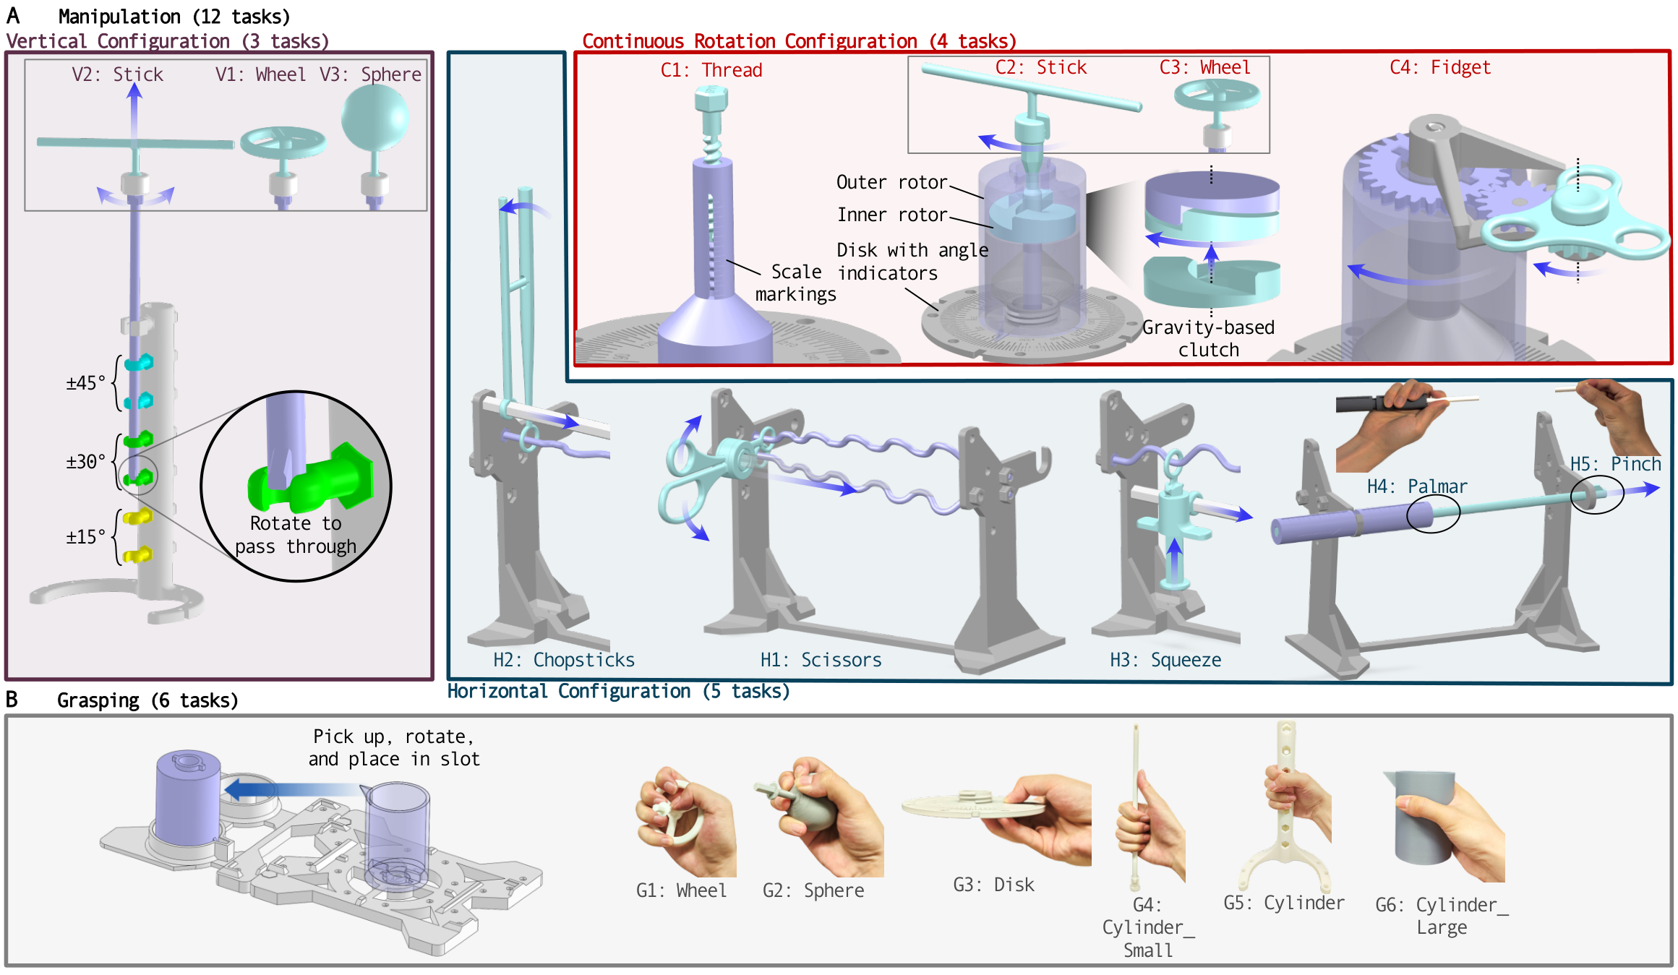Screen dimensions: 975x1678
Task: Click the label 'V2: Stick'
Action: [117, 74]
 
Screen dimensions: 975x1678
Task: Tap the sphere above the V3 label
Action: [374, 117]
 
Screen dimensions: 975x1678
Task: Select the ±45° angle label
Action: [85, 382]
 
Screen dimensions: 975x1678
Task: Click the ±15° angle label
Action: [85, 537]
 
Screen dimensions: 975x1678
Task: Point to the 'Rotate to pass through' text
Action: [296, 535]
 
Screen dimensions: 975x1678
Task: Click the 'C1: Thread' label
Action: [711, 70]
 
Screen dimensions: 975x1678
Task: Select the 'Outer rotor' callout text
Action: [891, 182]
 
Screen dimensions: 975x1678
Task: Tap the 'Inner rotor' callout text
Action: [891, 215]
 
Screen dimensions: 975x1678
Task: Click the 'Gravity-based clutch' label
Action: [1208, 338]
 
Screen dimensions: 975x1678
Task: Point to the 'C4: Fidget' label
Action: [1439, 67]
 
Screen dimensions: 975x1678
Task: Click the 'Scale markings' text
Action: [795, 283]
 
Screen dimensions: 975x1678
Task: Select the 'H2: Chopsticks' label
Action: [564, 660]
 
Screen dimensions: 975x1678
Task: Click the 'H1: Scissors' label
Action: [821, 660]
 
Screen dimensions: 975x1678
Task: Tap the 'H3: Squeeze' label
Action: [1165, 660]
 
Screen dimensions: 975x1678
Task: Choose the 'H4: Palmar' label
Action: [1416, 486]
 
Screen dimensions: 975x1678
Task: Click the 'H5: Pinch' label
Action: [1615, 464]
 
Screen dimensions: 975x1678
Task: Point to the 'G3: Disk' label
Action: [993, 885]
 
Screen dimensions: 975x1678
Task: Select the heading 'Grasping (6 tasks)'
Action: [147, 700]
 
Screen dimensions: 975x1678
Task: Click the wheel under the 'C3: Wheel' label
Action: [1217, 95]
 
